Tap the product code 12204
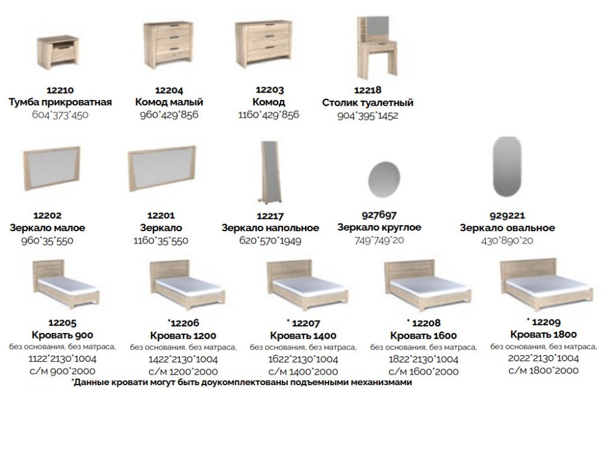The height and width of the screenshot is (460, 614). click(169, 90)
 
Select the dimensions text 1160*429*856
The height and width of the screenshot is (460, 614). click(269, 115)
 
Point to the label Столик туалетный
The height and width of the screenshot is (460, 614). click(368, 103)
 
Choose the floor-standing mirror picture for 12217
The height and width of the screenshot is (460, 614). click(271, 172)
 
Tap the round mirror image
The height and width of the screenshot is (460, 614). click(384, 180)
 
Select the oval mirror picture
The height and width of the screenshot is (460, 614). click(507, 166)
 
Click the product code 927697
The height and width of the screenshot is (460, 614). click(379, 215)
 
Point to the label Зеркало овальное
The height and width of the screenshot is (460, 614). click(507, 228)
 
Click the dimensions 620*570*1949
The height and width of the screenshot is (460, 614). click(270, 240)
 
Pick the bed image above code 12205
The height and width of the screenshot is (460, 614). click(66, 283)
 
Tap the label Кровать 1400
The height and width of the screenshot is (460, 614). click(303, 335)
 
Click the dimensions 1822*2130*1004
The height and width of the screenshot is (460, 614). click(423, 359)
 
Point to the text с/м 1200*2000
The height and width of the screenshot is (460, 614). click(183, 372)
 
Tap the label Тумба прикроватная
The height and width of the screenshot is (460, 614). click(60, 102)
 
